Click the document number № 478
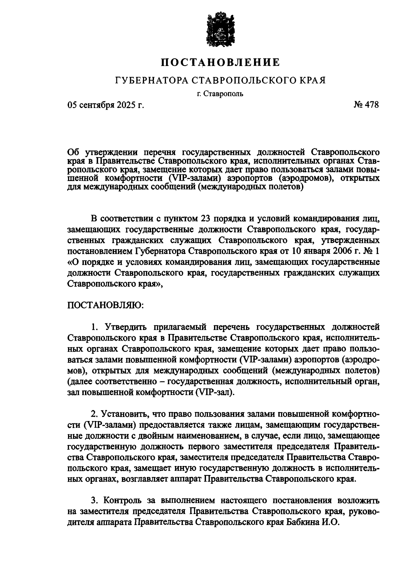click(x=366, y=105)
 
